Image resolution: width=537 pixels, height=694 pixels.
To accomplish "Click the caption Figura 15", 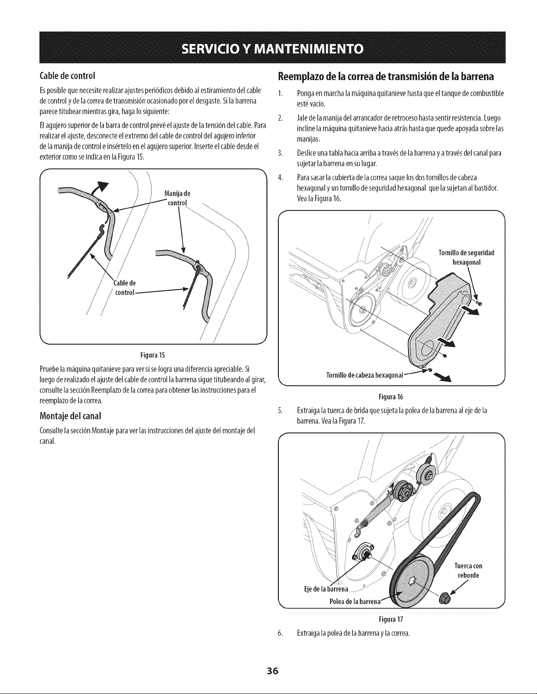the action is pyautogui.click(x=153, y=355).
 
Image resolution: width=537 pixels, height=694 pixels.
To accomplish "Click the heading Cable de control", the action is pyautogui.click(x=68, y=76).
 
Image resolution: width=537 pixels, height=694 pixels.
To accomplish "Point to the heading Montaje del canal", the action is pyautogui.click(x=70, y=416).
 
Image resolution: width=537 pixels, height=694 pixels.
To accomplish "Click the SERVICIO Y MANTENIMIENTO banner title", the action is pyautogui.click(x=272, y=49).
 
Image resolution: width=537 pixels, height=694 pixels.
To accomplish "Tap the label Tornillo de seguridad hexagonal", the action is pyautogui.click(x=467, y=258).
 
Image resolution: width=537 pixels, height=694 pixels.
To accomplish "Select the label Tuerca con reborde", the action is pyautogui.click(x=468, y=571).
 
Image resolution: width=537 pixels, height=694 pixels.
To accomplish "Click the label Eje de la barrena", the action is pyautogui.click(x=326, y=588).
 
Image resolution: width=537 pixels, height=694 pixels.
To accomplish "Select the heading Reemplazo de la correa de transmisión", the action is pyautogui.click(x=386, y=77).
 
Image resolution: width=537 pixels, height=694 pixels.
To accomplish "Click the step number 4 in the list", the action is pyautogui.click(x=280, y=178).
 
